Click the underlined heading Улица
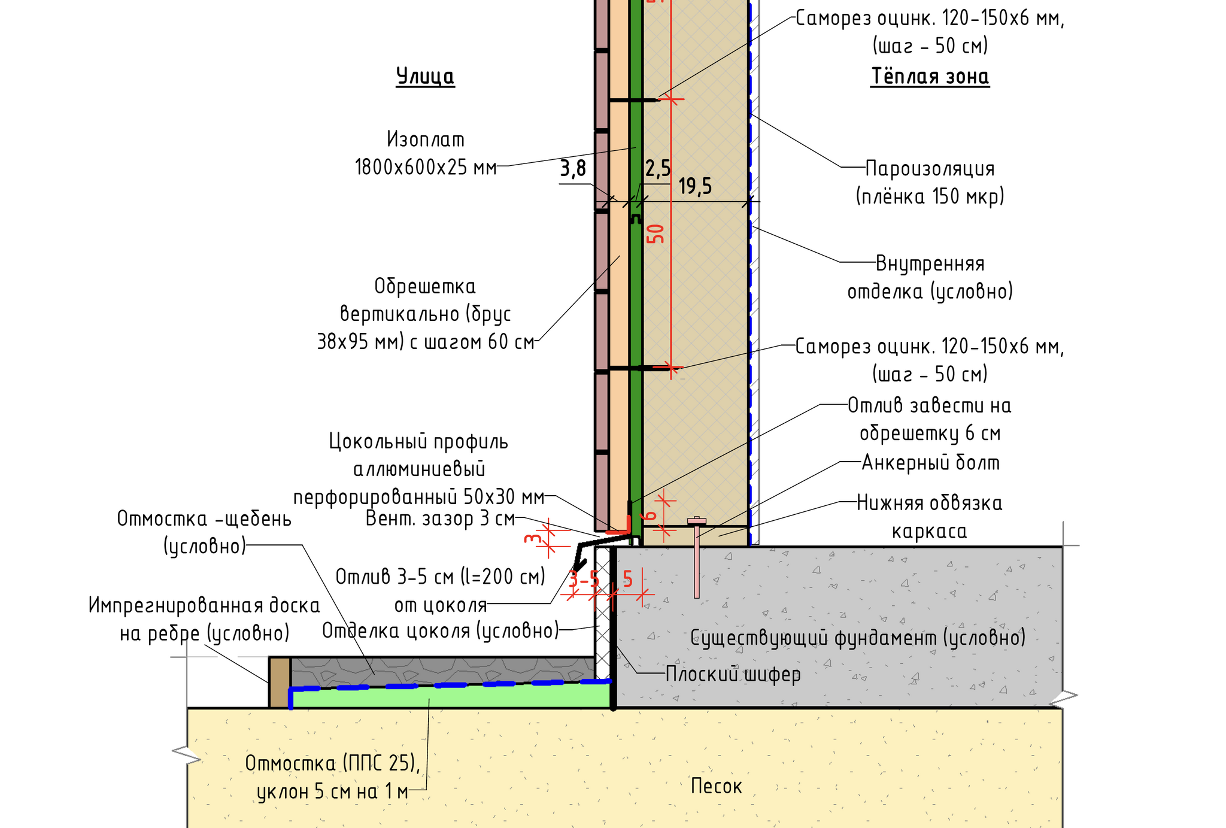pyautogui.click(x=425, y=77)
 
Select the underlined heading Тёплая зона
pyautogui.click(x=929, y=77)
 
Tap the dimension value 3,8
pyautogui.click(x=573, y=169)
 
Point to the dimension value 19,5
pyautogui.click(x=695, y=187)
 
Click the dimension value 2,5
pyautogui.click(x=657, y=169)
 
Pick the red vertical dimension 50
pyautogui.click(x=657, y=233)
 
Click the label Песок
pyautogui.click(x=716, y=786)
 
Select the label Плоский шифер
pyautogui.click(x=733, y=675)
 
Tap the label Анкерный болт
pyautogui.click(x=930, y=463)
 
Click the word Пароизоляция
pyautogui.click(x=930, y=169)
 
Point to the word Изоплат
pyautogui.click(x=425, y=139)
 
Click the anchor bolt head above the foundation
pyautogui.click(x=696, y=520)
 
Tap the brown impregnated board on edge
pyautogui.click(x=280, y=683)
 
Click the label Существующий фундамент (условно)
pyautogui.click(x=857, y=638)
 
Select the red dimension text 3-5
pyautogui.click(x=583, y=580)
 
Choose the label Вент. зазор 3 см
pyautogui.click(x=440, y=518)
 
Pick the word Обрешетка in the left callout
pyautogui.click(x=425, y=286)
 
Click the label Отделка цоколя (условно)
pyautogui.click(x=440, y=630)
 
